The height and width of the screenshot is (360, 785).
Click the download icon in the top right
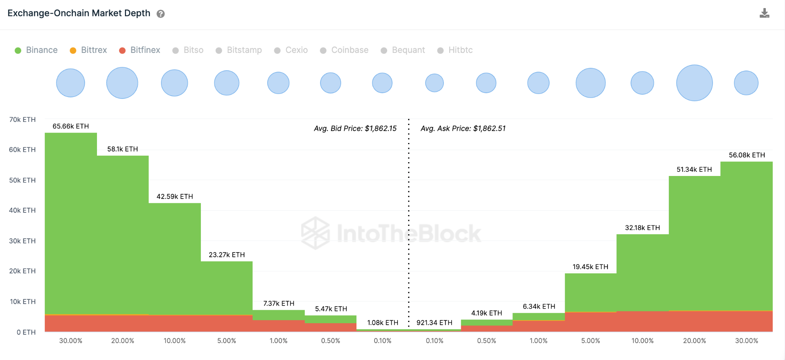764,13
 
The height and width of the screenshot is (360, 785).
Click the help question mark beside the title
161,14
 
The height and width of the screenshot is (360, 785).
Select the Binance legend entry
36,50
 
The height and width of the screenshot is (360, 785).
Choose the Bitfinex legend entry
140,50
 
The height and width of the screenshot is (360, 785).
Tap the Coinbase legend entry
344,50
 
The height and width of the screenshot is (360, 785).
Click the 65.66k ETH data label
71,126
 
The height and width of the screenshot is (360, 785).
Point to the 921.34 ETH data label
434,323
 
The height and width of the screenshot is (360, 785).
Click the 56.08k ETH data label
747,155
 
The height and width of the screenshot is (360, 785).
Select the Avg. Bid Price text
355,128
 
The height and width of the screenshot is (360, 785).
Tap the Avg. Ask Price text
463,128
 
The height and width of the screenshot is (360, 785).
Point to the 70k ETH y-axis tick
22,120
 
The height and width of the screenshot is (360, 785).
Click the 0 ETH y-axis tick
26,332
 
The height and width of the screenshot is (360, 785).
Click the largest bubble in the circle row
694,83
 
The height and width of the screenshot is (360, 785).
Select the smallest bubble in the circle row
434,83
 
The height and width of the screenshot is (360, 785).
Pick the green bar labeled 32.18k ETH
642,272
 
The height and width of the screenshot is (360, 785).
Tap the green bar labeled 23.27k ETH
227,288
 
